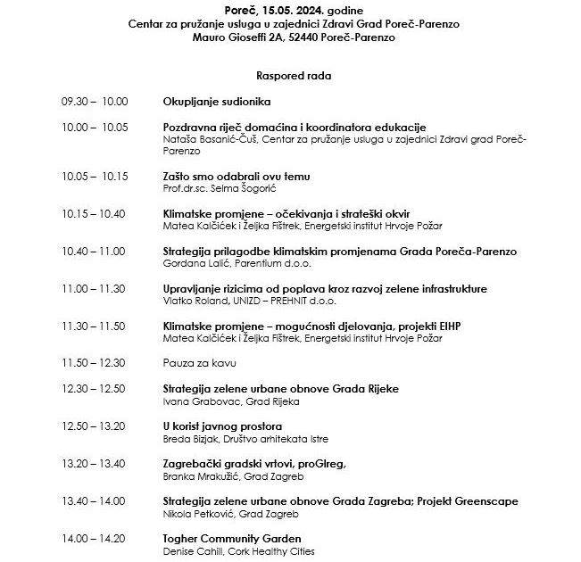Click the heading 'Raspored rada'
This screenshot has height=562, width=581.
(293, 77)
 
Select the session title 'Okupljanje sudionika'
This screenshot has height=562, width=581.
(217, 102)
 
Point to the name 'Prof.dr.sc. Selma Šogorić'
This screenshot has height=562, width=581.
(218, 188)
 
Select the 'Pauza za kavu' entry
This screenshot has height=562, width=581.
(201, 364)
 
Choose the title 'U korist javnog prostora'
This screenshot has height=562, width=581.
(223, 426)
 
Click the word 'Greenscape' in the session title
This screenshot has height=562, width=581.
(483, 501)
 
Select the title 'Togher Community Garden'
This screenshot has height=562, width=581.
(232, 539)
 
